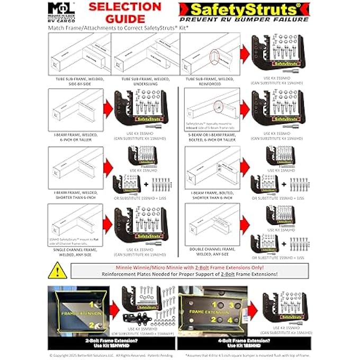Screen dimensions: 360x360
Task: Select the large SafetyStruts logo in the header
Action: (x=244, y=9)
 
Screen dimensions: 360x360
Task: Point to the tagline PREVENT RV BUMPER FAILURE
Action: (x=244, y=20)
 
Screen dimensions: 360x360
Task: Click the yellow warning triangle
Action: (x=57, y=271)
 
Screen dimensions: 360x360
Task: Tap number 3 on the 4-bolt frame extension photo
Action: (x=231, y=305)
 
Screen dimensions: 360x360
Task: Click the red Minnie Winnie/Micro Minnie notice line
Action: (x=191, y=267)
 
